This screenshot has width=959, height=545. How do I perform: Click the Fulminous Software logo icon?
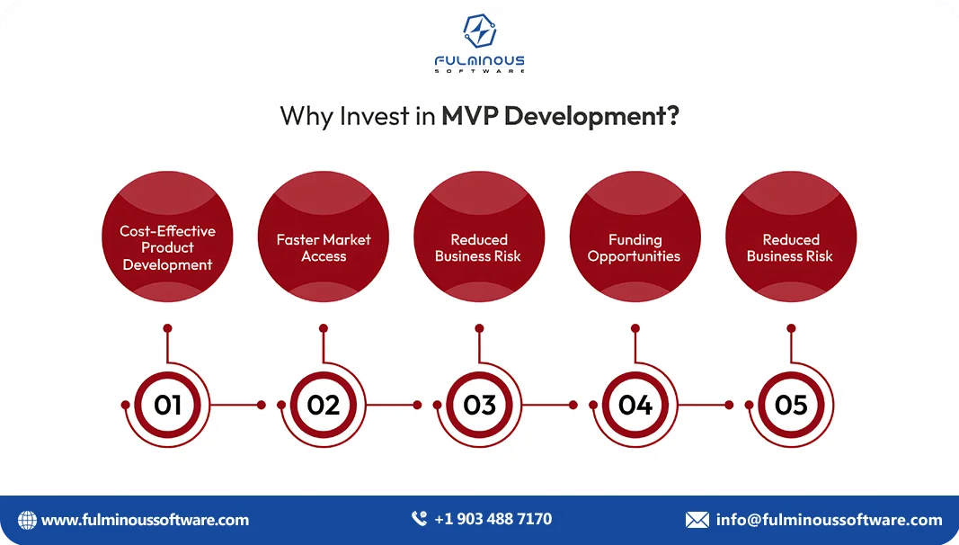(x=479, y=31)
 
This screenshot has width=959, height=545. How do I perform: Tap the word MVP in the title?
(x=470, y=116)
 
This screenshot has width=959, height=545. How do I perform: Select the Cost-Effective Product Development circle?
(x=167, y=237)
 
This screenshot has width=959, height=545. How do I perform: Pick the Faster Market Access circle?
(x=324, y=237)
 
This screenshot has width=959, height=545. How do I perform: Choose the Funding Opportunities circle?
(x=635, y=237)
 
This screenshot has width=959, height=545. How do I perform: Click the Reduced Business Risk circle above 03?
(x=479, y=237)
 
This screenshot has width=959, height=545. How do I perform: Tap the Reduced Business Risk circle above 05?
(x=791, y=237)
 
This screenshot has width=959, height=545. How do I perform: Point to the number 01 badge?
(x=167, y=405)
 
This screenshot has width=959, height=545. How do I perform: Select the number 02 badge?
(x=324, y=405)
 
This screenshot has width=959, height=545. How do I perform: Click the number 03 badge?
(x=479, y=405)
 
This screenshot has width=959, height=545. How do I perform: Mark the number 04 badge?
(x=635, y=405)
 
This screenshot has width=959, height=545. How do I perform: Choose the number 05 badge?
(x=791, y=405)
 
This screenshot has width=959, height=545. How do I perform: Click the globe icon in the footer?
(x=28, y=520)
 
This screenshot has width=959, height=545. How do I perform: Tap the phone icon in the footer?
(x=419, y=519)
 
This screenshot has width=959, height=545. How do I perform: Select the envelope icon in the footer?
(x=697, y=520)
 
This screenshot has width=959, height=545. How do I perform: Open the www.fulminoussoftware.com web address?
(x=146, y=520)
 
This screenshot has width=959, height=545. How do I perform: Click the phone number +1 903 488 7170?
(x=493, y=519)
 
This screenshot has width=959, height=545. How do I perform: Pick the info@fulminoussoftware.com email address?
(x=829, y=520)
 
